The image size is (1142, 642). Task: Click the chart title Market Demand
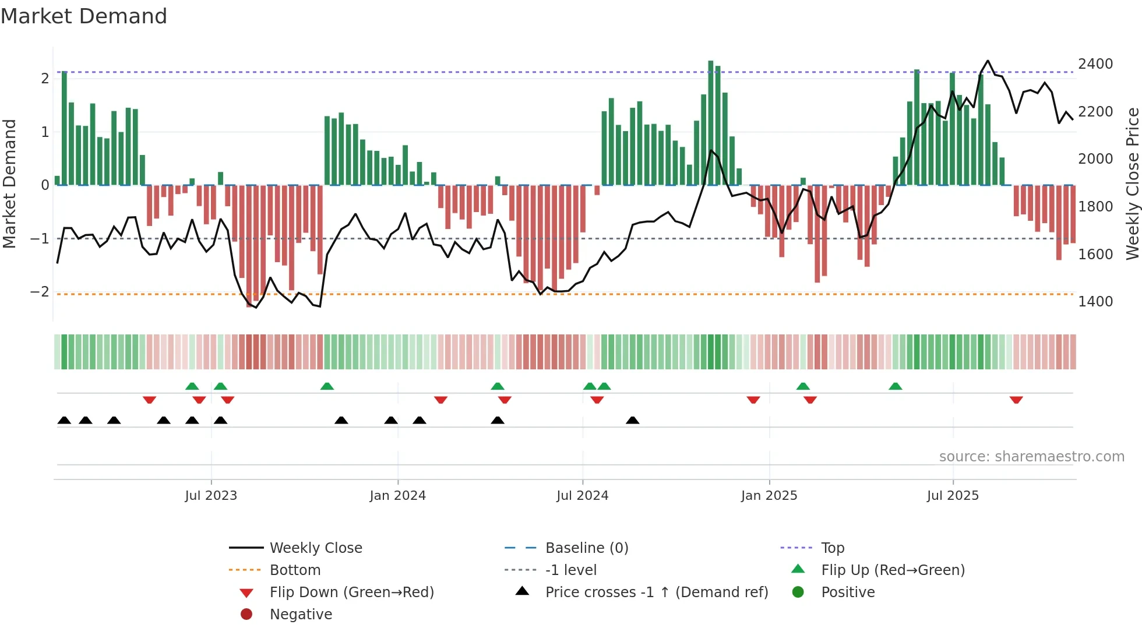coord(84,16)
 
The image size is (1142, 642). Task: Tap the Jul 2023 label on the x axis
coord(211,496)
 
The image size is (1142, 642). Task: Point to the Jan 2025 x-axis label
coord(769,496)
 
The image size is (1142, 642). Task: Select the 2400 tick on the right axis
coord(1095,64)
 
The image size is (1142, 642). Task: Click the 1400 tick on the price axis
coord(1095,302)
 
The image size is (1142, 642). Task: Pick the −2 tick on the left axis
coord(40,292)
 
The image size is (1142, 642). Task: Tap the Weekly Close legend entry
coord(315,548)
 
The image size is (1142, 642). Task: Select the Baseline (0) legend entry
coord(586,548)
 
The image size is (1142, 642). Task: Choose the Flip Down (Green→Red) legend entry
coord(351,592)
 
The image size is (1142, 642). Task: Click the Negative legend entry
coord(301,615)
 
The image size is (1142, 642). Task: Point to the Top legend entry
coord(833,548)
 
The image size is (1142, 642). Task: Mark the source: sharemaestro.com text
coord(1031,457)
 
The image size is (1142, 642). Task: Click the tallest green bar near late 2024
coord(711,122)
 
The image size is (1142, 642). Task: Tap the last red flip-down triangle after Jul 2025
coord(1016,400)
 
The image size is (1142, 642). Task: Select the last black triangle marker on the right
coord(632,420)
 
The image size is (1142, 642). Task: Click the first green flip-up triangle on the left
coord(192,386)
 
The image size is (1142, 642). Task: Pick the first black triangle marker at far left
coord(64,420)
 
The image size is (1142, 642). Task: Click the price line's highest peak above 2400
coord(988,61)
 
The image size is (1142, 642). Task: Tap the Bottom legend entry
coord(295,570)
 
